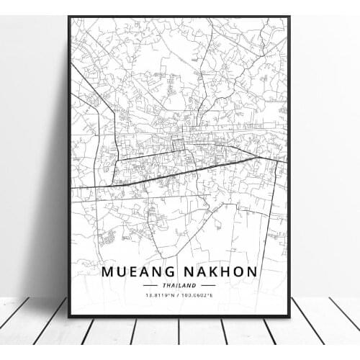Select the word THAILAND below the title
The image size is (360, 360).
point(180,286)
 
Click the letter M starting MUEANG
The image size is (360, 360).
point(108,273)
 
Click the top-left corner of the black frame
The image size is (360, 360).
point(70,18)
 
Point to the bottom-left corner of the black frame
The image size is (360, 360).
point(70,316)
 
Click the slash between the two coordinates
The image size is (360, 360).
point(180,296)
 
